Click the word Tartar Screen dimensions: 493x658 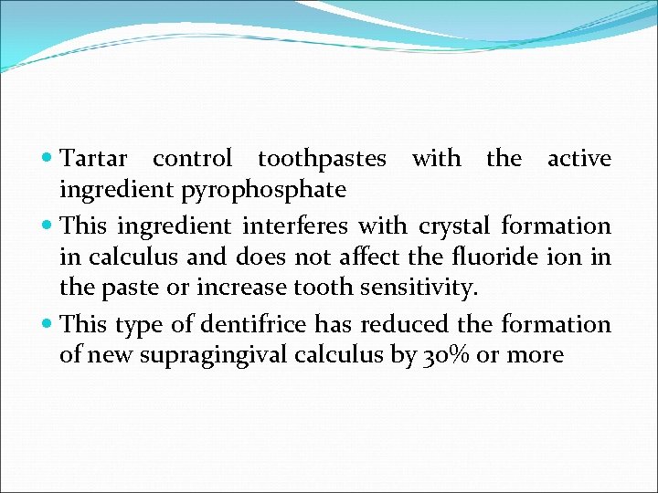(95, 158)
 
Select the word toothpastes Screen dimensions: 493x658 (322, 158)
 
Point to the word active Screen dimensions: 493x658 (578, 158)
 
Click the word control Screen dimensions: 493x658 (192, 158)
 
